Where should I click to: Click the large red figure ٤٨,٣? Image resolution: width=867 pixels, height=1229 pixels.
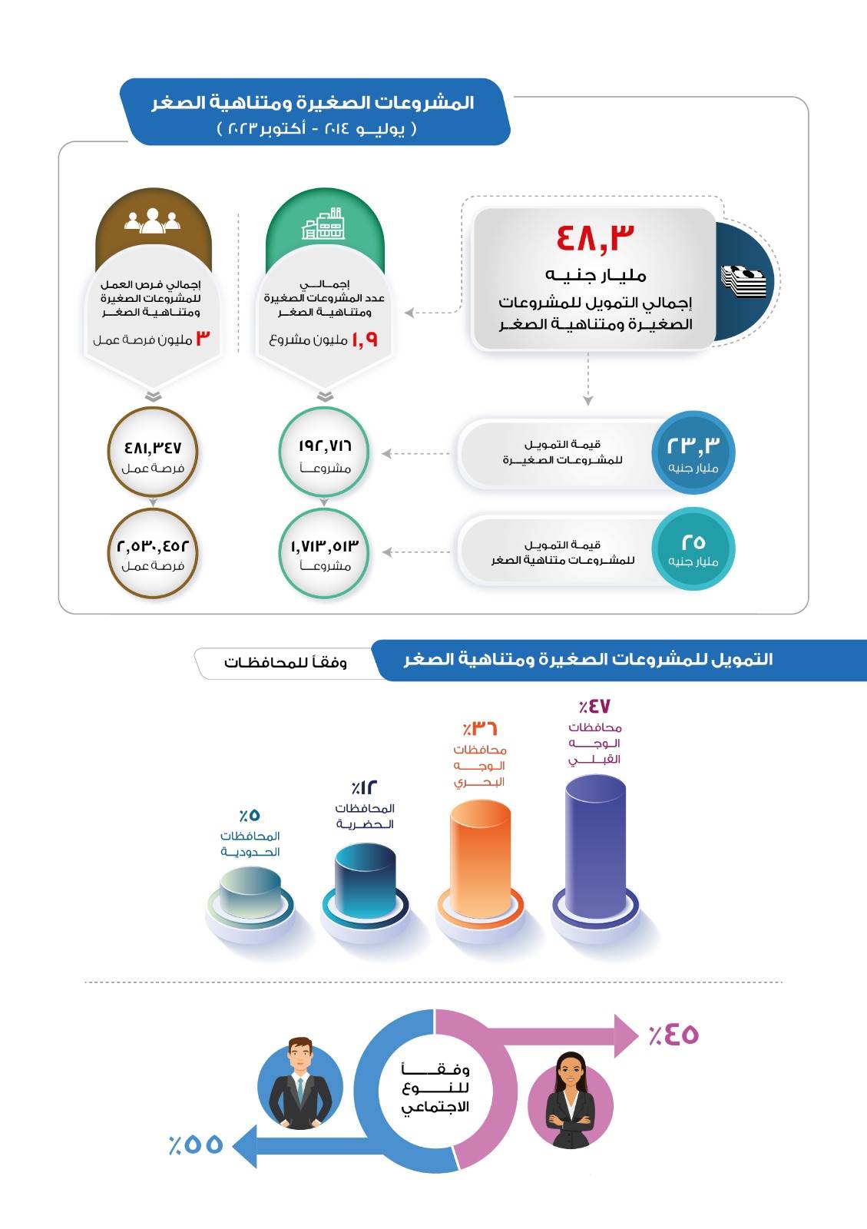596,237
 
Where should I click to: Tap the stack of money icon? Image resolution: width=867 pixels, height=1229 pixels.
743,281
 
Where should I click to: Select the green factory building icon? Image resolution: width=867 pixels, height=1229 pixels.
323,224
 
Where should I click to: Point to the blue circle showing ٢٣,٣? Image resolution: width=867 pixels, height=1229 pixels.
693,453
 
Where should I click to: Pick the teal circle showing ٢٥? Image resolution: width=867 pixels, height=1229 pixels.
693,549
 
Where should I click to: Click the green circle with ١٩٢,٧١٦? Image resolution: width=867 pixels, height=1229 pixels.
324,454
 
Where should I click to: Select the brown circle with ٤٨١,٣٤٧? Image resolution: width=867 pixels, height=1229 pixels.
153,454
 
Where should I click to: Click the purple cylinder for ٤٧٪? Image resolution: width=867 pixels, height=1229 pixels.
595,845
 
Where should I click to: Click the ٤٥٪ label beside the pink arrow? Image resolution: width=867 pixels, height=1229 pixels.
673,1035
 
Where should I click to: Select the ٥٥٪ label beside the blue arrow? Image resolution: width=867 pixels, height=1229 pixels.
196,1145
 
